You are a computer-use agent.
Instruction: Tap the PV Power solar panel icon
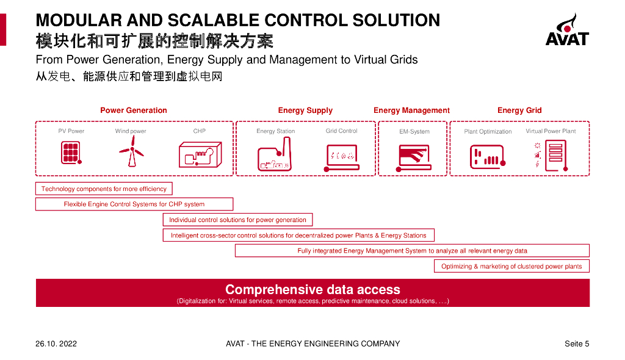coord(71,153)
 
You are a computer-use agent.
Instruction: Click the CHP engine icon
coord(199,154)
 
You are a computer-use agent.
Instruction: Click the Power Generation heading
coord(134,110)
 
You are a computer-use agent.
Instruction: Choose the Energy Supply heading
coord(305,110)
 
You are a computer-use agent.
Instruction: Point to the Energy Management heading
coord(411,110)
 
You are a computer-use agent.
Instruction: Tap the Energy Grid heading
coord(519,110)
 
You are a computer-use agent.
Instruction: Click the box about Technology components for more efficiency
coord(104,189)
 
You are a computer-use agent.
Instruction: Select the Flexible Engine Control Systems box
coord(134,204)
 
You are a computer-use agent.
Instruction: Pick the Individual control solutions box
coord(237,220)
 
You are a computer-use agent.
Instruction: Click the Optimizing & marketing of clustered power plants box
coord(511,266)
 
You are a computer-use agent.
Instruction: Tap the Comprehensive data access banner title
coord(312,289)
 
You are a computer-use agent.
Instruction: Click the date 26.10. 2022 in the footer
coord(56,344)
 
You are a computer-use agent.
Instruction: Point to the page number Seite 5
coord(577,344)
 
